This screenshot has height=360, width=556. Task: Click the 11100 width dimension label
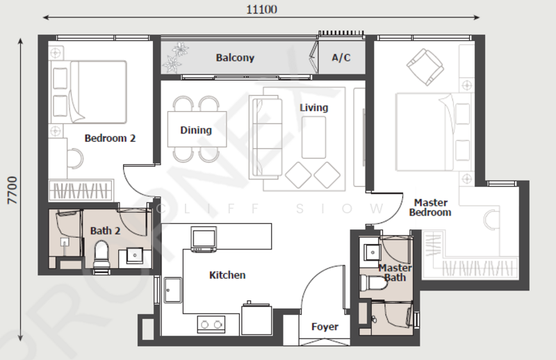click(262, 9)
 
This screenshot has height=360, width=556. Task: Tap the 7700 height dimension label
click(13, 190)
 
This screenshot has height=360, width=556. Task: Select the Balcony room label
click(235, 58)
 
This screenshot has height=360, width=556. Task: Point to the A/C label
click(341, 58)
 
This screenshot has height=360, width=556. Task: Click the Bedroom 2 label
click(110, 138)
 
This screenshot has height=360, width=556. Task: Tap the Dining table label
click(196, 130)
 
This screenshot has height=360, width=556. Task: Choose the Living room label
click(314, 108)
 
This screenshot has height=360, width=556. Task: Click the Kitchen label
click(227, 275)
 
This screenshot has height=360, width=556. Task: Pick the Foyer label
click(325, 327)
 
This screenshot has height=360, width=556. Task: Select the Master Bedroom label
click(430, 208)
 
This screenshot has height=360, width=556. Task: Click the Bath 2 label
click(106, 231)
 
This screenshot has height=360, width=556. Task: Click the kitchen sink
click(173, 290)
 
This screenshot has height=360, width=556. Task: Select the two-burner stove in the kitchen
click(211, 325)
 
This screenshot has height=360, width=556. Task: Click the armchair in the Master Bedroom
click(425, 67)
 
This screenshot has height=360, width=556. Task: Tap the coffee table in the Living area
click(314, 138)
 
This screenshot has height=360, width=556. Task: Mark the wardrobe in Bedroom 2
click(81, 191)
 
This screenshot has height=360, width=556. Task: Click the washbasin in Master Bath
click(373, 252)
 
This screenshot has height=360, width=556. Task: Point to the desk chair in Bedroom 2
click(75, 158)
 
